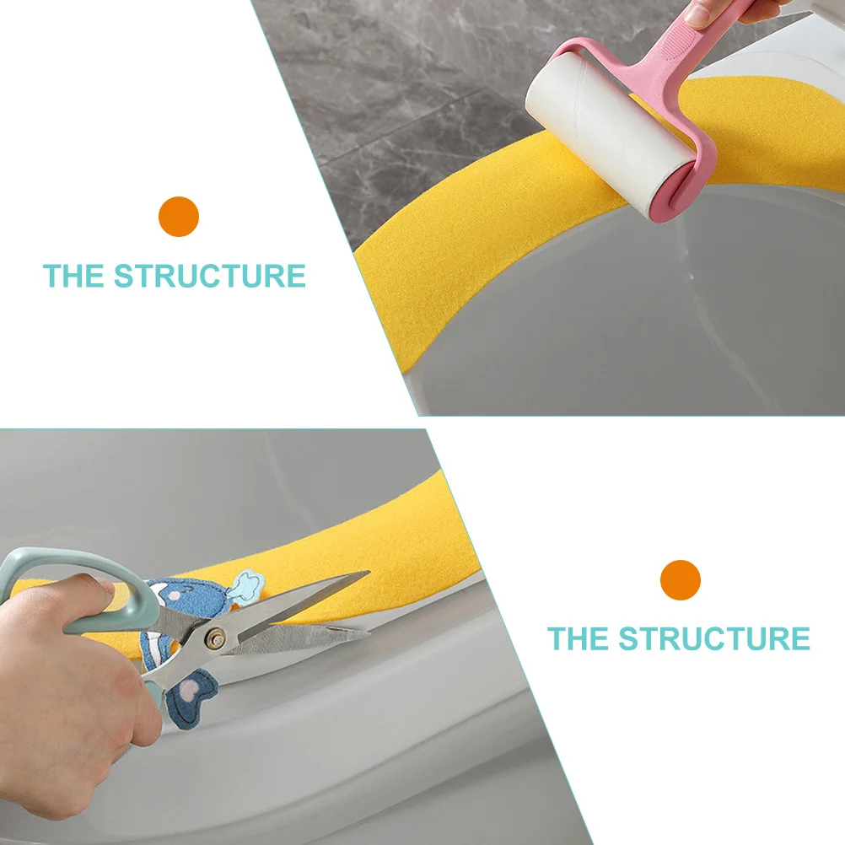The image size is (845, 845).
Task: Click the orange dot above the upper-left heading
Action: coord(178,217)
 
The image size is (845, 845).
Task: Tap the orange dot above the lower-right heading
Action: coord(681,580)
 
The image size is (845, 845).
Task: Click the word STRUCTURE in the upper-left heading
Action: coord(210,276)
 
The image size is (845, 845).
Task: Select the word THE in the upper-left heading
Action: coord(74,276)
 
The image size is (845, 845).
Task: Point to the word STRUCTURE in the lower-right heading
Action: coord(713,638)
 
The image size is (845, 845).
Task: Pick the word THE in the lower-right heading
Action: coord(579,638)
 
